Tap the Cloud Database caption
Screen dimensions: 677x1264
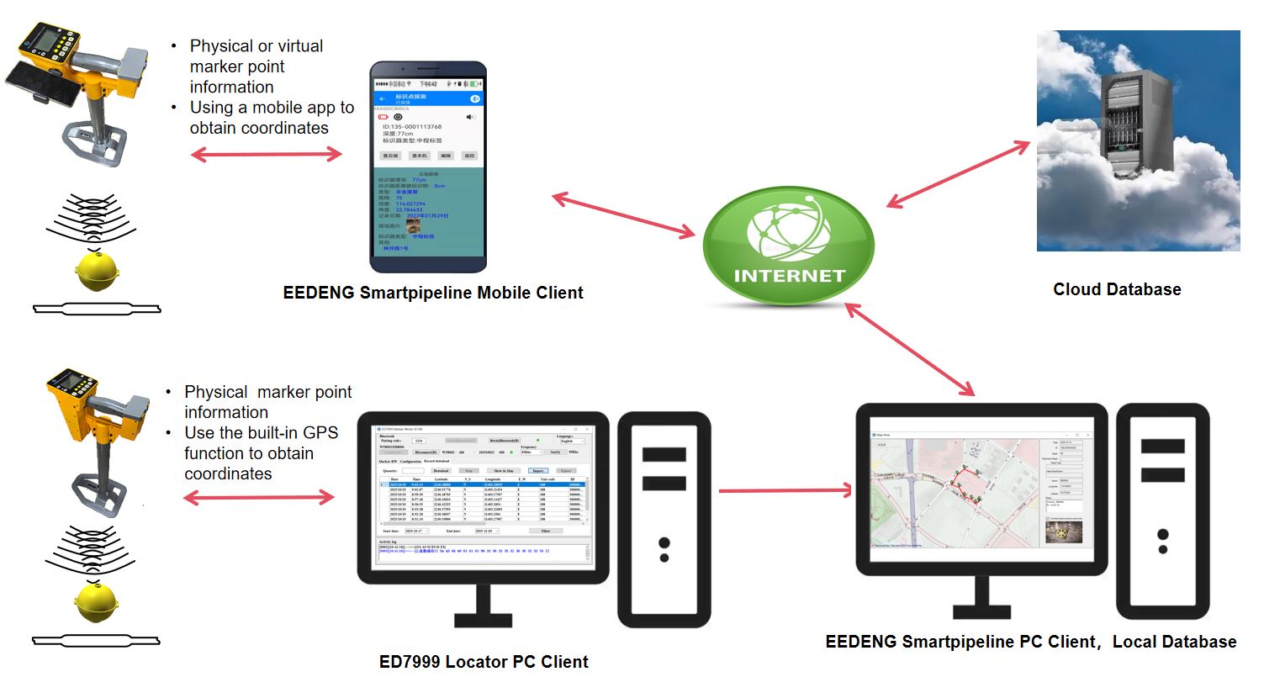point(1117,289)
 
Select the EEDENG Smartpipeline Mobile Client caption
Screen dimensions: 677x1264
point(433,293)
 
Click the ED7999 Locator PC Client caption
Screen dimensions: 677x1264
point(484,660)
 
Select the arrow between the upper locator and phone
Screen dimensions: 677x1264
point(267,154)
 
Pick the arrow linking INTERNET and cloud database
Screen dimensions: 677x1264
point(959,174)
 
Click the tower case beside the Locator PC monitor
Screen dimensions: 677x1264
point(664,496)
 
